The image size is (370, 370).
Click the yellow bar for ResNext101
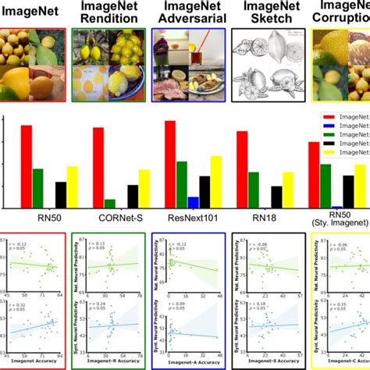pyautogui.click(x=216, y=181)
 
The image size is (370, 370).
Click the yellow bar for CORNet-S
pyautogui.click(x=144, y=188)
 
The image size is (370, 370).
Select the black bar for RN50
pyautogui.click(x=61, y=194)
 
